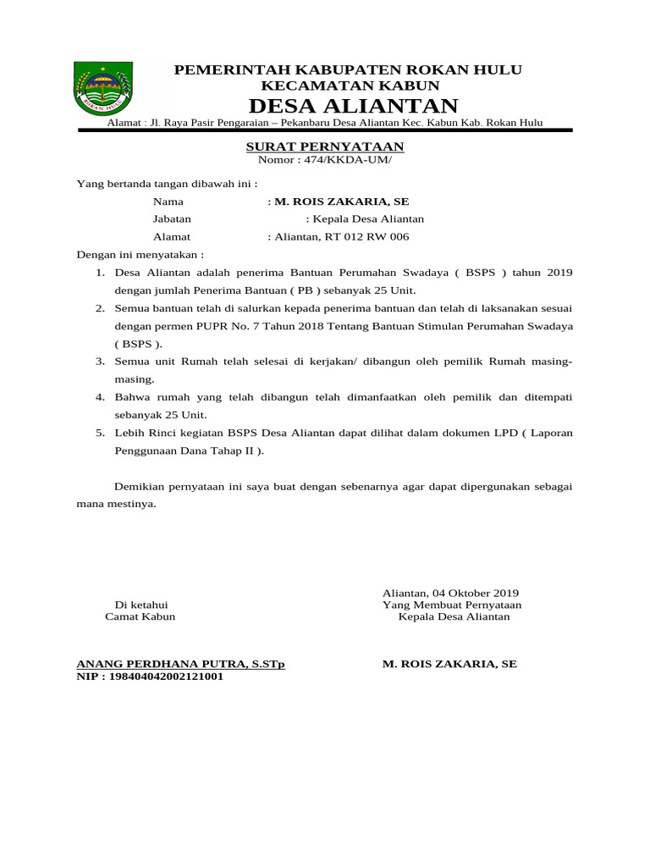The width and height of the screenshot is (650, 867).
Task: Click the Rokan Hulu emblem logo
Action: coord(103,87)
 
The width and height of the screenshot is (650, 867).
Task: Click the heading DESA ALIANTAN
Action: coord(353,106)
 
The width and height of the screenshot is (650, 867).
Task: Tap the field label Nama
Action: coord(168,202)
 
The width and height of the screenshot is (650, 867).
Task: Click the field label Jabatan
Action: coord(173,218)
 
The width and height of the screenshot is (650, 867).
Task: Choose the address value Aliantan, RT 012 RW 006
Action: coord(341,236)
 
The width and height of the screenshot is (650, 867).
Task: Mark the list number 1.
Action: coord(99,273)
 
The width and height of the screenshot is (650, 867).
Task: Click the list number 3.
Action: coord(99,362)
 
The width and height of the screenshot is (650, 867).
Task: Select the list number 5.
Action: coord(99,433)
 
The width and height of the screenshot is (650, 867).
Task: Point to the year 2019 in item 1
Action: coord(559,273)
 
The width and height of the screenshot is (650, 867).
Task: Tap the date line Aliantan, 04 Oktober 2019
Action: coord(450,593)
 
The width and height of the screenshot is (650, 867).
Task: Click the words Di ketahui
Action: coord(141,605)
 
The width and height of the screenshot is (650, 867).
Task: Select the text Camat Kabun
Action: coord(140,616)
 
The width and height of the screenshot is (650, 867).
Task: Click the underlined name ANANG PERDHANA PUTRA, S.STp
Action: coord(181,664)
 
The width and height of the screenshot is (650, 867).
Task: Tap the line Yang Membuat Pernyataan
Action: coord(452,605)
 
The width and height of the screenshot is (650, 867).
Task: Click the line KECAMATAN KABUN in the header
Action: coord(350,86)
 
